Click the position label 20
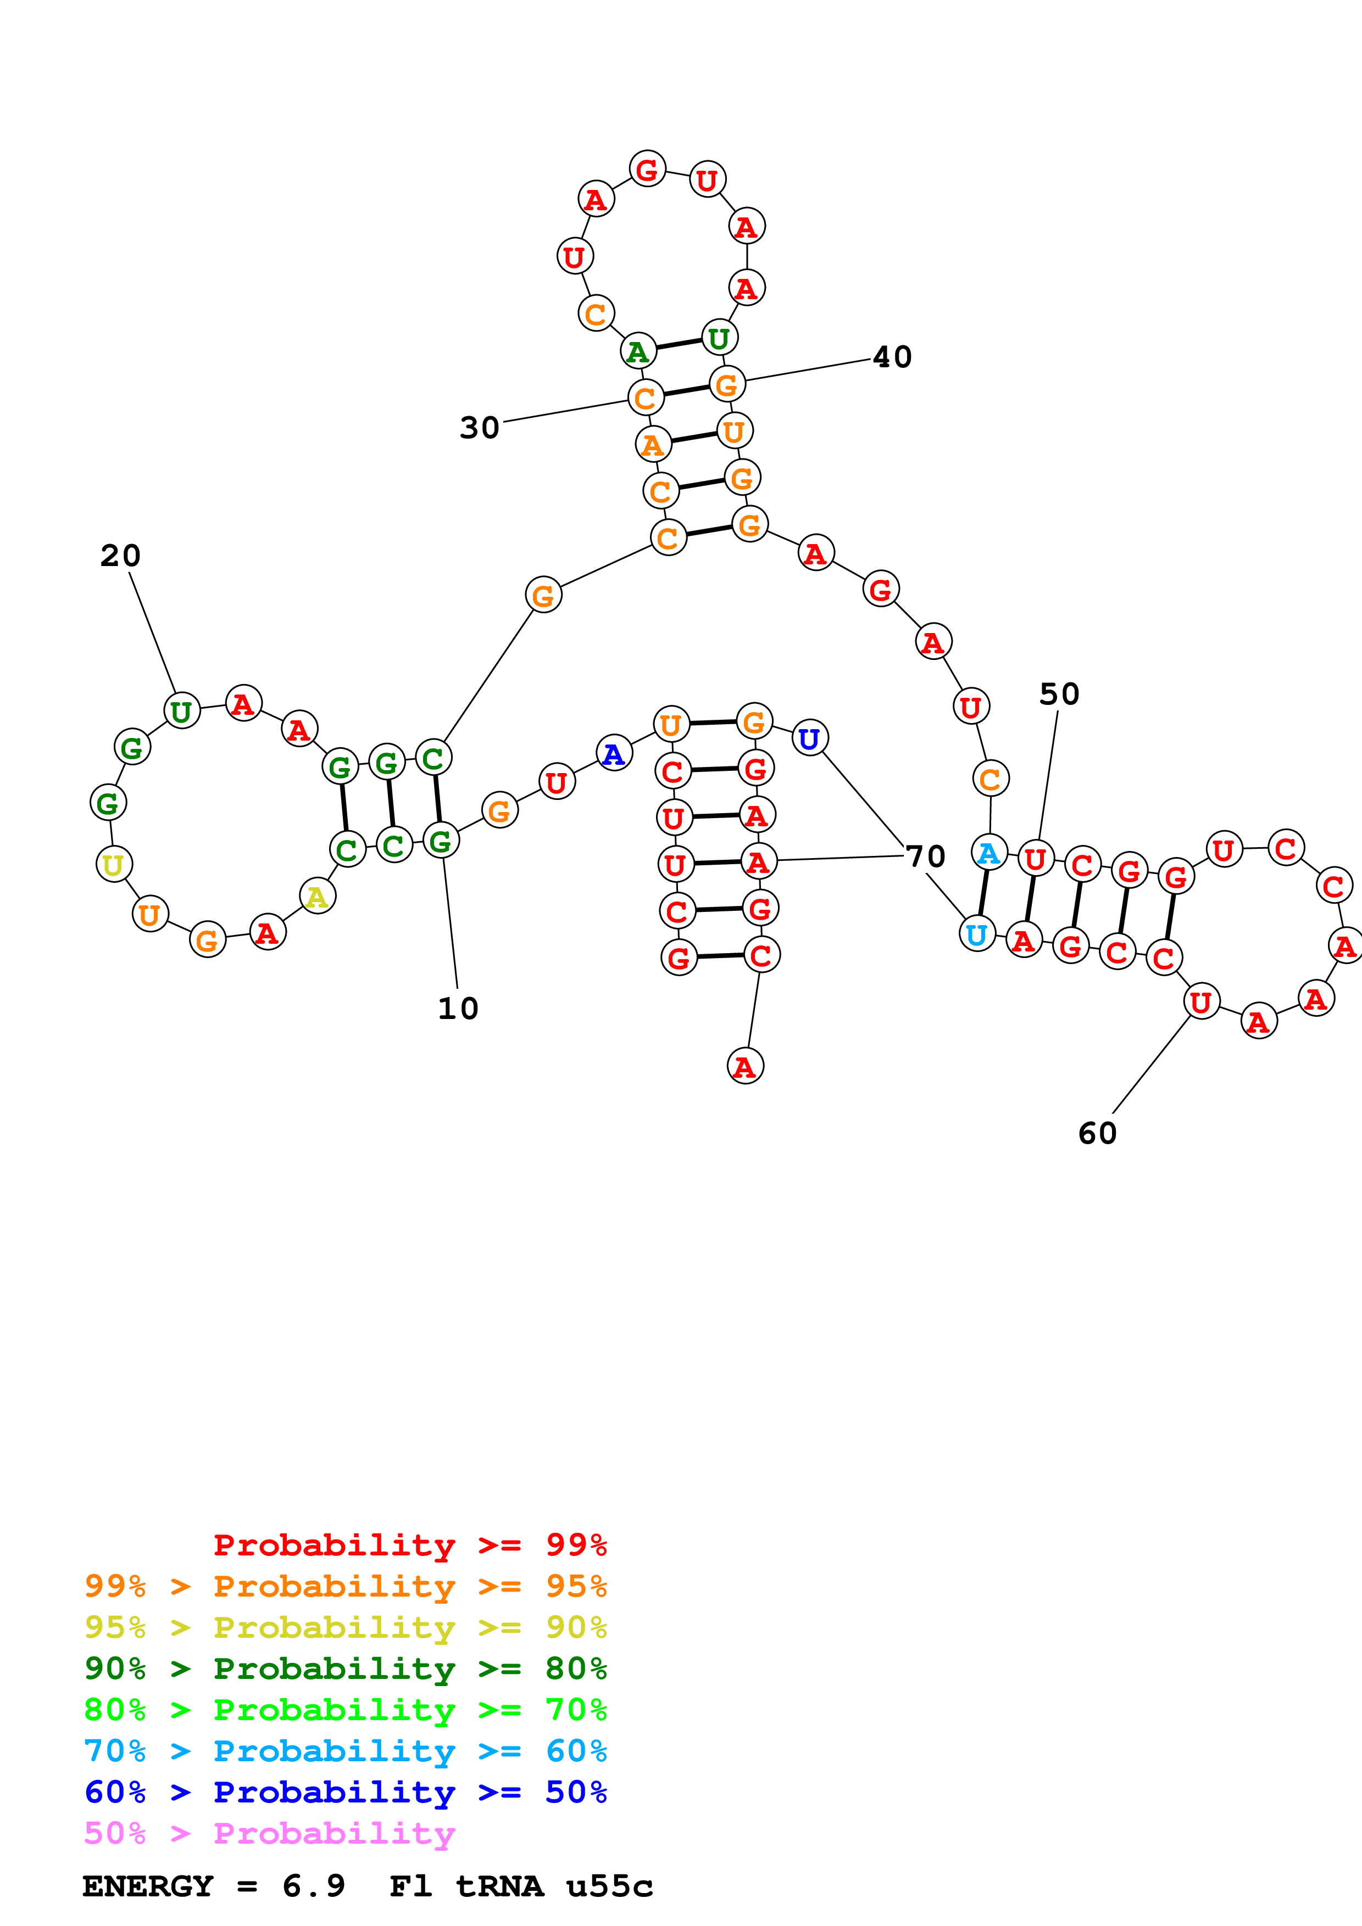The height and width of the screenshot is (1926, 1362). click(x=120, y=555)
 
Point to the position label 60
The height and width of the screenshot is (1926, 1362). click(x=1097, y=1133)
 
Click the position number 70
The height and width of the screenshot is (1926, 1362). click(x=926, y=856)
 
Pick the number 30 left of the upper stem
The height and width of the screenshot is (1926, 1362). click(x=479, y=428)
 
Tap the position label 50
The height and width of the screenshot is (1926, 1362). click(x=1059, y=694)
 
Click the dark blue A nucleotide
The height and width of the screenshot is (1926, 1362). click(x=614, y=753)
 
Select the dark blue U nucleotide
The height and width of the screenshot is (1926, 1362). click(x=809, y=738)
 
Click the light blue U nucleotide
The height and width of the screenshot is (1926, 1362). click(x=977, y=934)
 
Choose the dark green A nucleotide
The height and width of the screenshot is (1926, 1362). click(x=638, y=351)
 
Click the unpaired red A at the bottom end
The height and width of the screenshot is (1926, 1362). click(x=744, y=1067)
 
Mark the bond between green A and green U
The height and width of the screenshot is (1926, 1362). click(x=678, y=344)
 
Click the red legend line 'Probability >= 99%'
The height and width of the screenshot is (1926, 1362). click(x=409, y=1545)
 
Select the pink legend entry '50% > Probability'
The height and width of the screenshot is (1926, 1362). click(x=269, y=1834)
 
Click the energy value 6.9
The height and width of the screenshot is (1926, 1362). click(x=313, y=1886)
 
